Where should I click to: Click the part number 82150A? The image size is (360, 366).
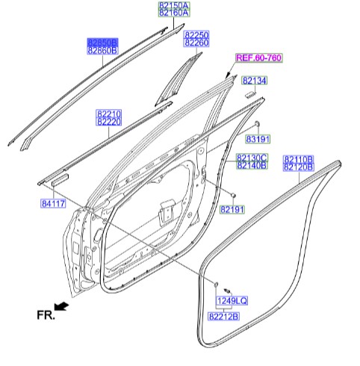point(174,5)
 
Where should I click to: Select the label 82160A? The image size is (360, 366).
point(174,13)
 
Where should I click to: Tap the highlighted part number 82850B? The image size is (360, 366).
point(102,43)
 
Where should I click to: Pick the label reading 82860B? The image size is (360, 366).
point(102,51)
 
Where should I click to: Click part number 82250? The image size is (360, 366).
point(197,34)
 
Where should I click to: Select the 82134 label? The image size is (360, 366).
point(254,80)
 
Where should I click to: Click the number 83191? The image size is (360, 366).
point(258,139)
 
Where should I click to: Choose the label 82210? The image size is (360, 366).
point(108,113)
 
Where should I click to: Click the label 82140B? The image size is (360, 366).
point(252,165)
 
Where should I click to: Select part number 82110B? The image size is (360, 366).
point(299,160)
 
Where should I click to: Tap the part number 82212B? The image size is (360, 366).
point(223,317)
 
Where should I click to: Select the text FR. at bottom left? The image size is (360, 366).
point(46,315)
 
